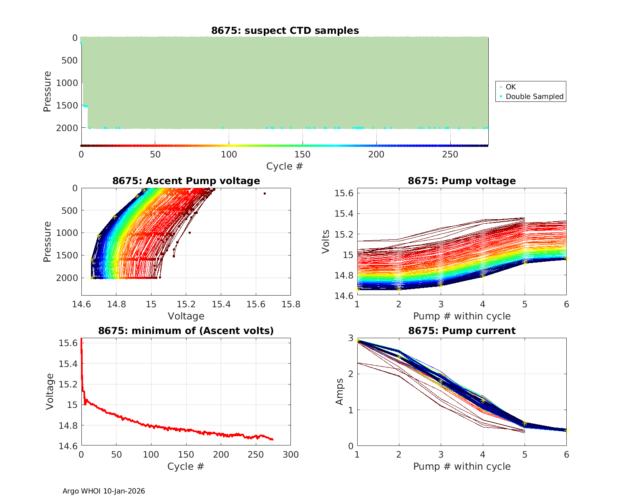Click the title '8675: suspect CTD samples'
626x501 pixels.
[285, 30]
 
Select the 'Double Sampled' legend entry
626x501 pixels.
[534, 96]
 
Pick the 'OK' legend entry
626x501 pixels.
[510, 87]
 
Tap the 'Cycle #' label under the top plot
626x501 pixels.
[285, 166]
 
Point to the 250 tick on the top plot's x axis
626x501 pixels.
[450, 154]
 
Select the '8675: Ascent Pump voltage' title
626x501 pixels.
[186, 181]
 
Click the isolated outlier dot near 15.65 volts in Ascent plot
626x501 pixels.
[265, 193]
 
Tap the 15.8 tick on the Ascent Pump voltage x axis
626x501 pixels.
[290, 304]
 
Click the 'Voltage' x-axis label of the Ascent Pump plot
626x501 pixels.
[186, 316]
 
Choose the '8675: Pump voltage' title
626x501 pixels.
[462, 181]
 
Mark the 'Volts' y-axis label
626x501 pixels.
[326, 242]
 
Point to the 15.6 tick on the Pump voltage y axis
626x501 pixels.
[344, 193]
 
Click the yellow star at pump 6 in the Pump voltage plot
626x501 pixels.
[566, 259]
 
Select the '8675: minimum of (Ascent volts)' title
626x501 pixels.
[186, 331]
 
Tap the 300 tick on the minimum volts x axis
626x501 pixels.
[290, 455]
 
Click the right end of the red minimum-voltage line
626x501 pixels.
[273, 439]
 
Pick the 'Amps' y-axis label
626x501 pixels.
[340, 392]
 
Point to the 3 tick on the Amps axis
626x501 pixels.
[351, 338]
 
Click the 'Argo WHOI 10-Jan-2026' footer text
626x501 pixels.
[104, 491]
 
